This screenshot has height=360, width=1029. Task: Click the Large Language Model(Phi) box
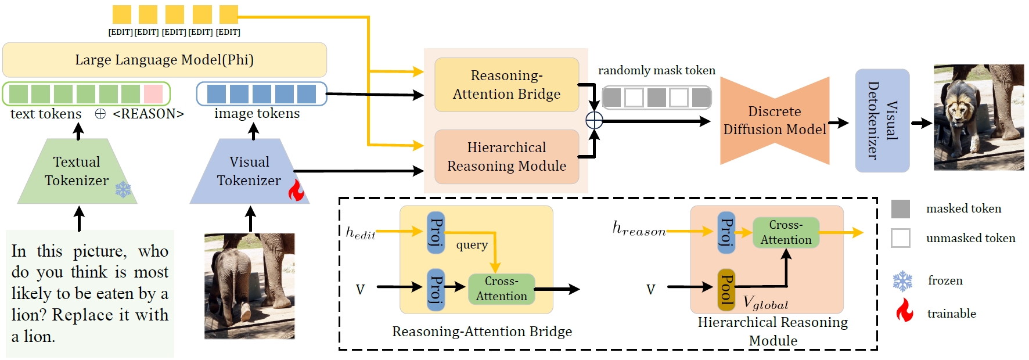click(x=164, y=60)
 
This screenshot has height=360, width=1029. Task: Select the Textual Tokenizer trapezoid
click(x=77, y=171)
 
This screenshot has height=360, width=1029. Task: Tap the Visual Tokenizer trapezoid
click(x=249, y=171)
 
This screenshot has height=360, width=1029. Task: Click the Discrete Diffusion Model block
click(x=775, y=121)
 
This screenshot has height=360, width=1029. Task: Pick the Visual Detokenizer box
click(x=882, y=120)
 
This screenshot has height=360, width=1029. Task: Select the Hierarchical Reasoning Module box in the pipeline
click(x=506, y=157)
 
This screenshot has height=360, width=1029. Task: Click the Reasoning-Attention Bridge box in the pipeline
click(x=506, y=85)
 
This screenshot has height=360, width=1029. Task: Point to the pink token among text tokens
click(x=153, y=94)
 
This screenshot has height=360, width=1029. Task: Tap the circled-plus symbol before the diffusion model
click(x=594, y=120)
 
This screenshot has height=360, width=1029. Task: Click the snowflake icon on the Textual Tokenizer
click(x=123, y=189)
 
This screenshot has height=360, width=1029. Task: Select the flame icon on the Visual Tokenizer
click(x=296, y=190)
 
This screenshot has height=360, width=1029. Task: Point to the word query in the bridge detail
click(x=472, y=245)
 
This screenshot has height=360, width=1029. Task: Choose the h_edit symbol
click(x=360, y=233)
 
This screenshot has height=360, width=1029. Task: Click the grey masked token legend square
click(x=901, y=209)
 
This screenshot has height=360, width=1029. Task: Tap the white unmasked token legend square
click(x=901, y=238)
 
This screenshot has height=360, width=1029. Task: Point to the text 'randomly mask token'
click(x=656, y=71)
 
